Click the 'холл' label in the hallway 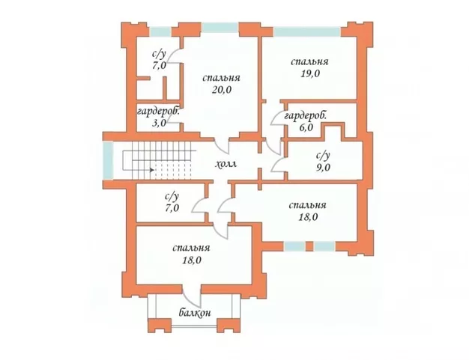(226, 164)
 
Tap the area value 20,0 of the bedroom (222, 90)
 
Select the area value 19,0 (310, 73)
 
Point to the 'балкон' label (195, 313)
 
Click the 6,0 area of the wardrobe (306, 127)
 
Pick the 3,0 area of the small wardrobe (159, 123)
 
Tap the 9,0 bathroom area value (323, 168)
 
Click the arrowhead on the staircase (152, 170)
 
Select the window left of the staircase (108, 160)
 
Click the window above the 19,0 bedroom (307, 31)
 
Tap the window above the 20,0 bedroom (220, 27)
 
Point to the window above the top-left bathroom (160, 31)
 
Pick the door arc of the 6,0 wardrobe (274, 118)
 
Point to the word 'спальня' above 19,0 (309, 62)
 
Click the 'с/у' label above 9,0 (323, 156)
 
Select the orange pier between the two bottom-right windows (309, 246)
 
